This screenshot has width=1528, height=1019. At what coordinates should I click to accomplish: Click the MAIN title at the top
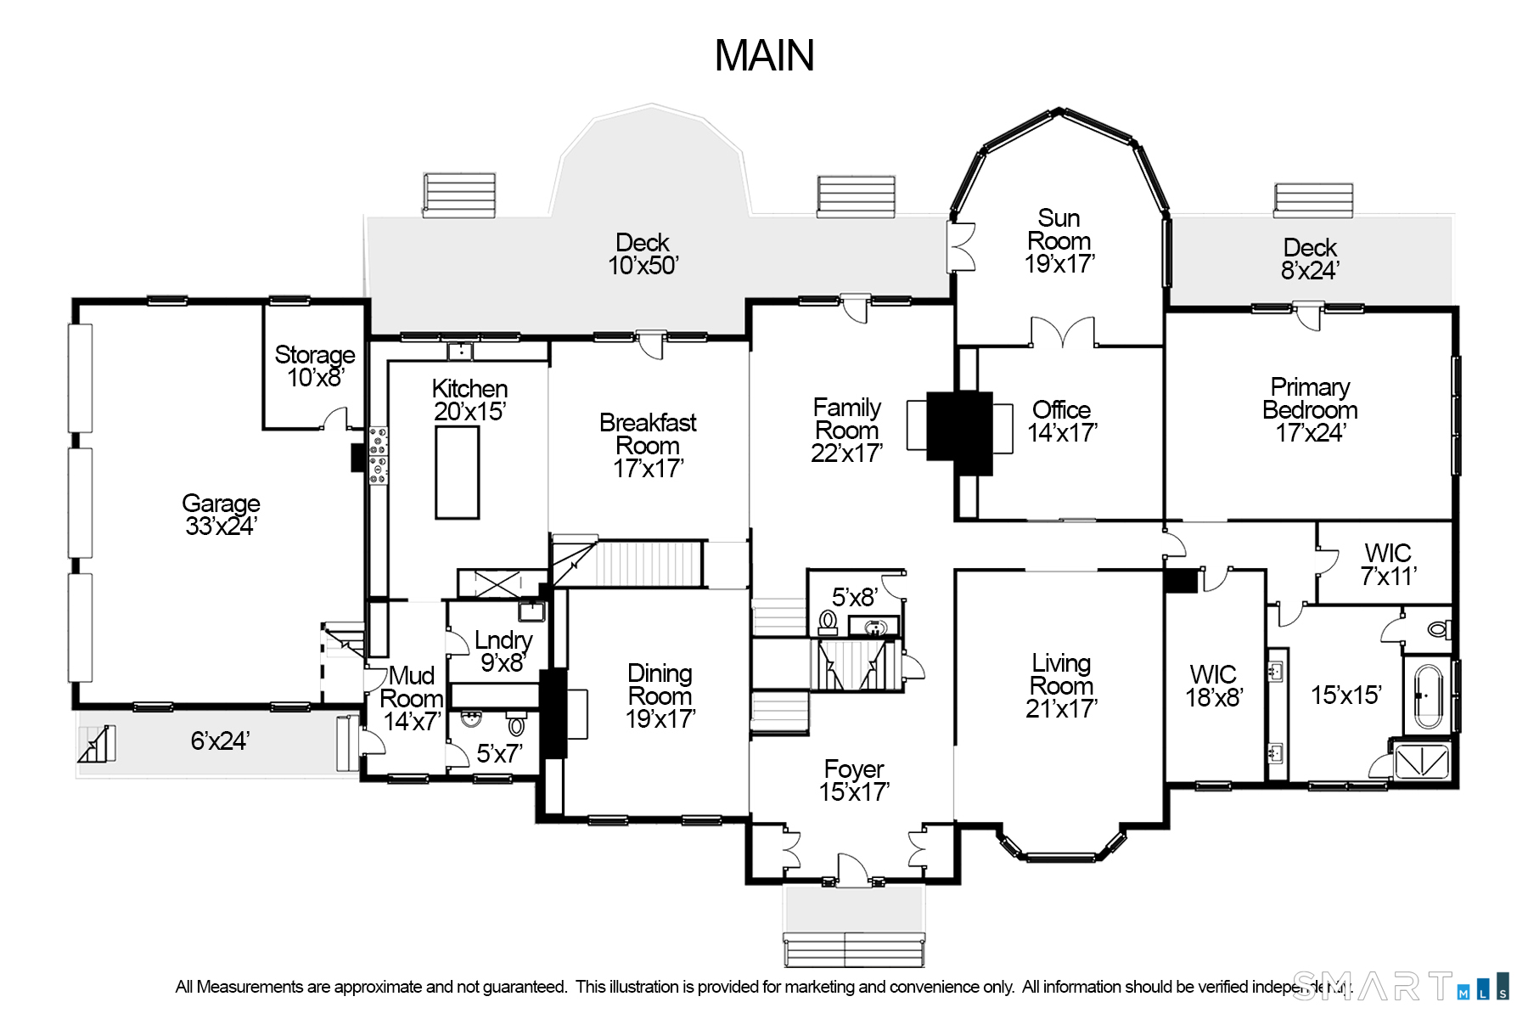[764, 56]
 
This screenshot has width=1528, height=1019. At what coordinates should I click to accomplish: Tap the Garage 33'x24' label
[221, 515]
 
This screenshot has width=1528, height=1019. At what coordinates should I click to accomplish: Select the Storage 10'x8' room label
[315, 366]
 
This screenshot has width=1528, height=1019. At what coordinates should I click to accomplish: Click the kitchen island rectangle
[457, 472]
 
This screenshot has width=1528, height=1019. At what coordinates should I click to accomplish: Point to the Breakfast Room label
[648, 445]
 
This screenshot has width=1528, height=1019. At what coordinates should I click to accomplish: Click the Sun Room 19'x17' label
[1059, 241]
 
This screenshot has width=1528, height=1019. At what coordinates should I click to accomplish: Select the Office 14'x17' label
[1061, 421]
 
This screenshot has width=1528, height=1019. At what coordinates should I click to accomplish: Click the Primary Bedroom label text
[1310, 409]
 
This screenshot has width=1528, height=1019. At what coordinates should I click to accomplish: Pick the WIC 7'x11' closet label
[1388, 565]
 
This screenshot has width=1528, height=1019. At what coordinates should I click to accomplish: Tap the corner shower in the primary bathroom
[1420, 761]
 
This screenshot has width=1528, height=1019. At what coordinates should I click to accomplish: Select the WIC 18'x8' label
[1213, 686]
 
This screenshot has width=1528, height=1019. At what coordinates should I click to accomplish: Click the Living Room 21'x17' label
[1061, 685]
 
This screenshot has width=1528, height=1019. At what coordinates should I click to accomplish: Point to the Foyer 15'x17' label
[854, 780]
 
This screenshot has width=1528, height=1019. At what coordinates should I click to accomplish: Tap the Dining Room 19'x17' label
[660, 695]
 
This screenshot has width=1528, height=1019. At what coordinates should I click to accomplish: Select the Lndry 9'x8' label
[503, 651]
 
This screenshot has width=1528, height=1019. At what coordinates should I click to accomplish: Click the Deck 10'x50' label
[643, 254]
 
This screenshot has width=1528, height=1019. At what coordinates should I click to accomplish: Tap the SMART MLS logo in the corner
[1401, 987]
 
